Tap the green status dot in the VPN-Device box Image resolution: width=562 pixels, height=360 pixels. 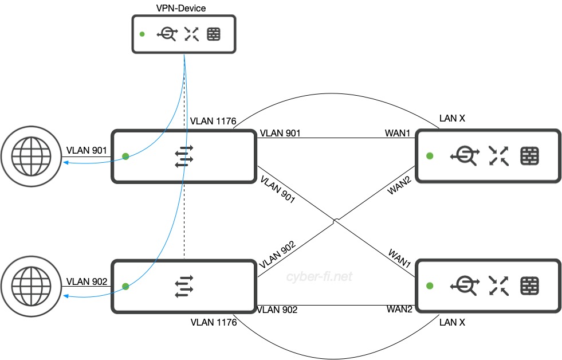(x=142, y=34)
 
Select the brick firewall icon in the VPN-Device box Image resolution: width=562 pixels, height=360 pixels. (x=213, y=34)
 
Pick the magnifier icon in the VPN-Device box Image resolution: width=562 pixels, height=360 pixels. (x=167, y=34)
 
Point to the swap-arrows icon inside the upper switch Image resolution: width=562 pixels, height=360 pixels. (x=184, y=156)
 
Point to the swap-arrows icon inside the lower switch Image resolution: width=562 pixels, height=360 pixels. (x=184, y=286)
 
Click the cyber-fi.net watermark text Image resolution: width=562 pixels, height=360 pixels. (x=319, y=277)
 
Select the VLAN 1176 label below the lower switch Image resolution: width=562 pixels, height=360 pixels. (x=213, y=323)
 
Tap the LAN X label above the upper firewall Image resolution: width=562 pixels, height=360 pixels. (x=452, y=119)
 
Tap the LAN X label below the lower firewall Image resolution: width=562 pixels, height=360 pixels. (x=452, y=322)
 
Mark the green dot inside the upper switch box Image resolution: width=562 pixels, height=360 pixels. (x=125, y=156)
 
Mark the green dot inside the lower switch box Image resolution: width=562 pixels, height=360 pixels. (x=125, y=285)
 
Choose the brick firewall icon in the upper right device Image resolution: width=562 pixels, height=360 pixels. (x=530, y=155)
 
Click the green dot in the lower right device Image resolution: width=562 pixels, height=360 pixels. (x=430, y=285)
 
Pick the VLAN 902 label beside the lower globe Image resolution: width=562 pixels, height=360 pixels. (x=86, y=281)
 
